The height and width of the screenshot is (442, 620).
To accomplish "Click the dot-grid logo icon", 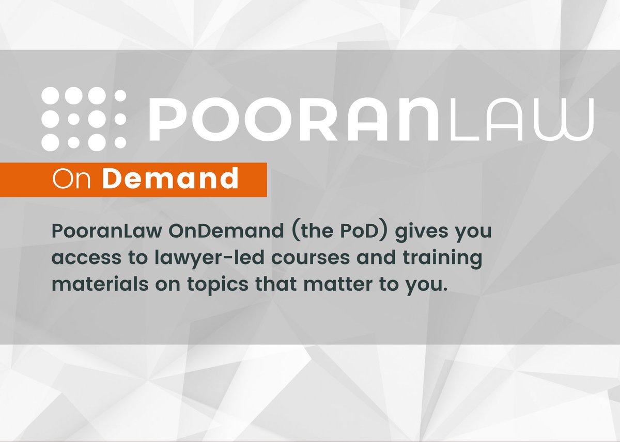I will pyautogui.click(x=84, y=118).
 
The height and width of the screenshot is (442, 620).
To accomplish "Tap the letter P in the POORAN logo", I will pyautogui.click(x=164, y=118).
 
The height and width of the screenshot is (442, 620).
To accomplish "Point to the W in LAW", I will pyautogui.click(x=569, y=118).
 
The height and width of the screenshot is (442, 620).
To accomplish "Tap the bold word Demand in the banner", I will pyautogui.click(x=170, y=179).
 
